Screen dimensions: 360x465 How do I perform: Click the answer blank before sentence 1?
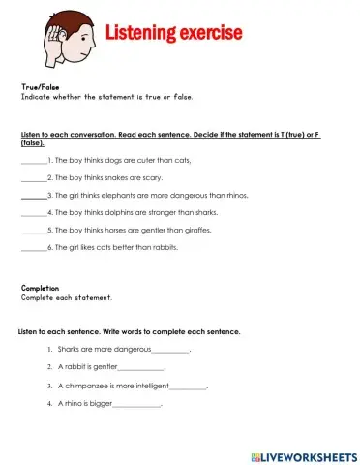coord(32,161)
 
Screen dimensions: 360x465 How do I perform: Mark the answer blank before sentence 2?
coord(32,178)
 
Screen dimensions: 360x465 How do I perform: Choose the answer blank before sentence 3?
coord(32,196)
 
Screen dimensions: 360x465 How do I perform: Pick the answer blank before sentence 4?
coord(32,213)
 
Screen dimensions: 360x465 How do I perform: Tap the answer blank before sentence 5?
coord(32,231)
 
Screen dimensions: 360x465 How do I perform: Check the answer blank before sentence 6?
coord(32,248)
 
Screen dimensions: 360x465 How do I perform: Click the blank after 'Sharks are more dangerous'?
coord(171,350)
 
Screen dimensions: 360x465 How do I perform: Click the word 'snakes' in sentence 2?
coord(107,178)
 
